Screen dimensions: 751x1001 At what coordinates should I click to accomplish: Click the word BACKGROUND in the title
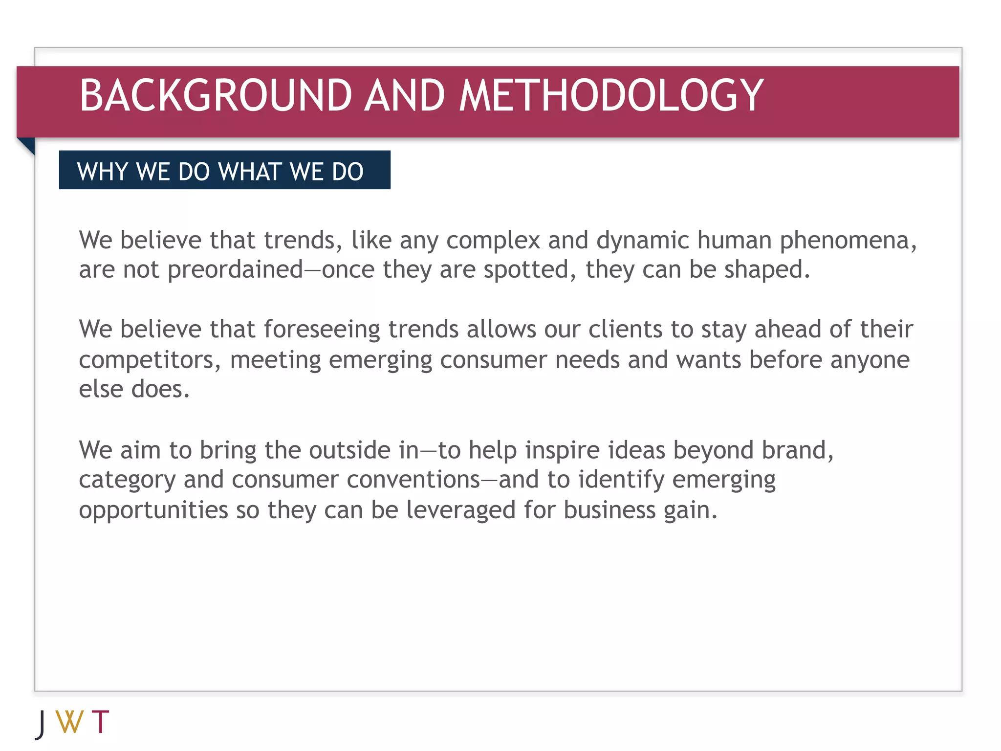coord(216,95)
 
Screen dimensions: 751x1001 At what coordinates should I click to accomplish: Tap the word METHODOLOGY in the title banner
coord(611,95)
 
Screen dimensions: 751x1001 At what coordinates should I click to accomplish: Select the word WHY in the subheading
coord(103,172)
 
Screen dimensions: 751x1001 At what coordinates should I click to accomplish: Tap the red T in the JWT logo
coord(101,722)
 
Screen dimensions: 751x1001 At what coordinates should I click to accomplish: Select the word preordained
coord(235,270)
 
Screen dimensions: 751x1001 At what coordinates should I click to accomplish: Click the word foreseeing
coord(322,330)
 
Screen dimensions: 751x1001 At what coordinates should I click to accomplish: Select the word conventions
coord(413,480)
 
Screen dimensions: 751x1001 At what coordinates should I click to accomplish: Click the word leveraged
coord(460,510)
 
